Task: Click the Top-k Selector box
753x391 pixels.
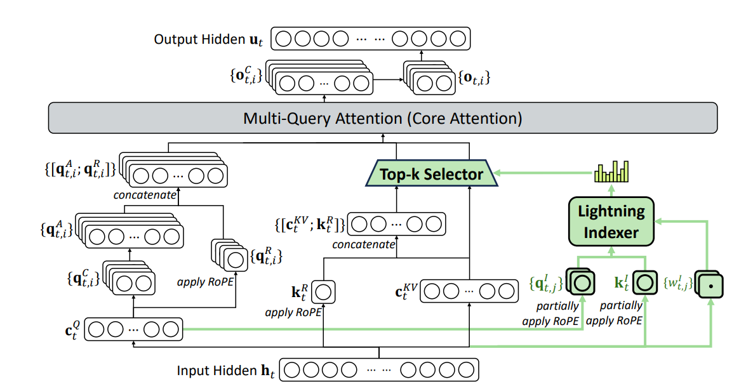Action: (x=431, y=173)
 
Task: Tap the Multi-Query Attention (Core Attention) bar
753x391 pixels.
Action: (x=383, y=118)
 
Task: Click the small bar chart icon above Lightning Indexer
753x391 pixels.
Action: (x=611, y=171)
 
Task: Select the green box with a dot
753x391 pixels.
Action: (x=710, y=284)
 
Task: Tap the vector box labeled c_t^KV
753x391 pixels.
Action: (x=469, y=293)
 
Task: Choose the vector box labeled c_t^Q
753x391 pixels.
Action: (x=133, y=329)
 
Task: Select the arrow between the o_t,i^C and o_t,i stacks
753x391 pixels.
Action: (x=387, y=79)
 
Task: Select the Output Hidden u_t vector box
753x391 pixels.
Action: (x=370, y=39)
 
